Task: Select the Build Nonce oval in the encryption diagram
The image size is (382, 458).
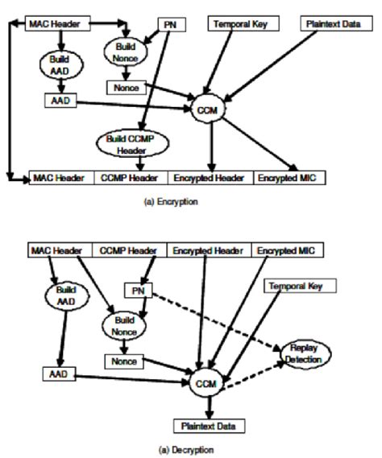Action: (x=122, y=54)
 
